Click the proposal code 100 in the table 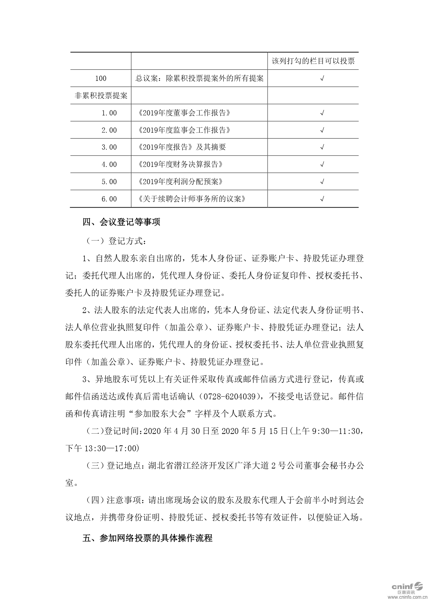click(x=101, y=78)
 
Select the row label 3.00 click(x=109, y=147)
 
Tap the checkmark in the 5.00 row click(x=322, y=181)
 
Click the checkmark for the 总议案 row click(x=322, y=78)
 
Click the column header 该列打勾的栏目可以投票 click(x=313, y=61)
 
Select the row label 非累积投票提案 click(x=101, y=96)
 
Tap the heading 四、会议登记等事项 click(x=121, y=222)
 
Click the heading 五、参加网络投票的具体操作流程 click(x=147, y=538)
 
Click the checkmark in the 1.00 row click(x=322, y=113)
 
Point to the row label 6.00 click(x=109, y=199)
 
